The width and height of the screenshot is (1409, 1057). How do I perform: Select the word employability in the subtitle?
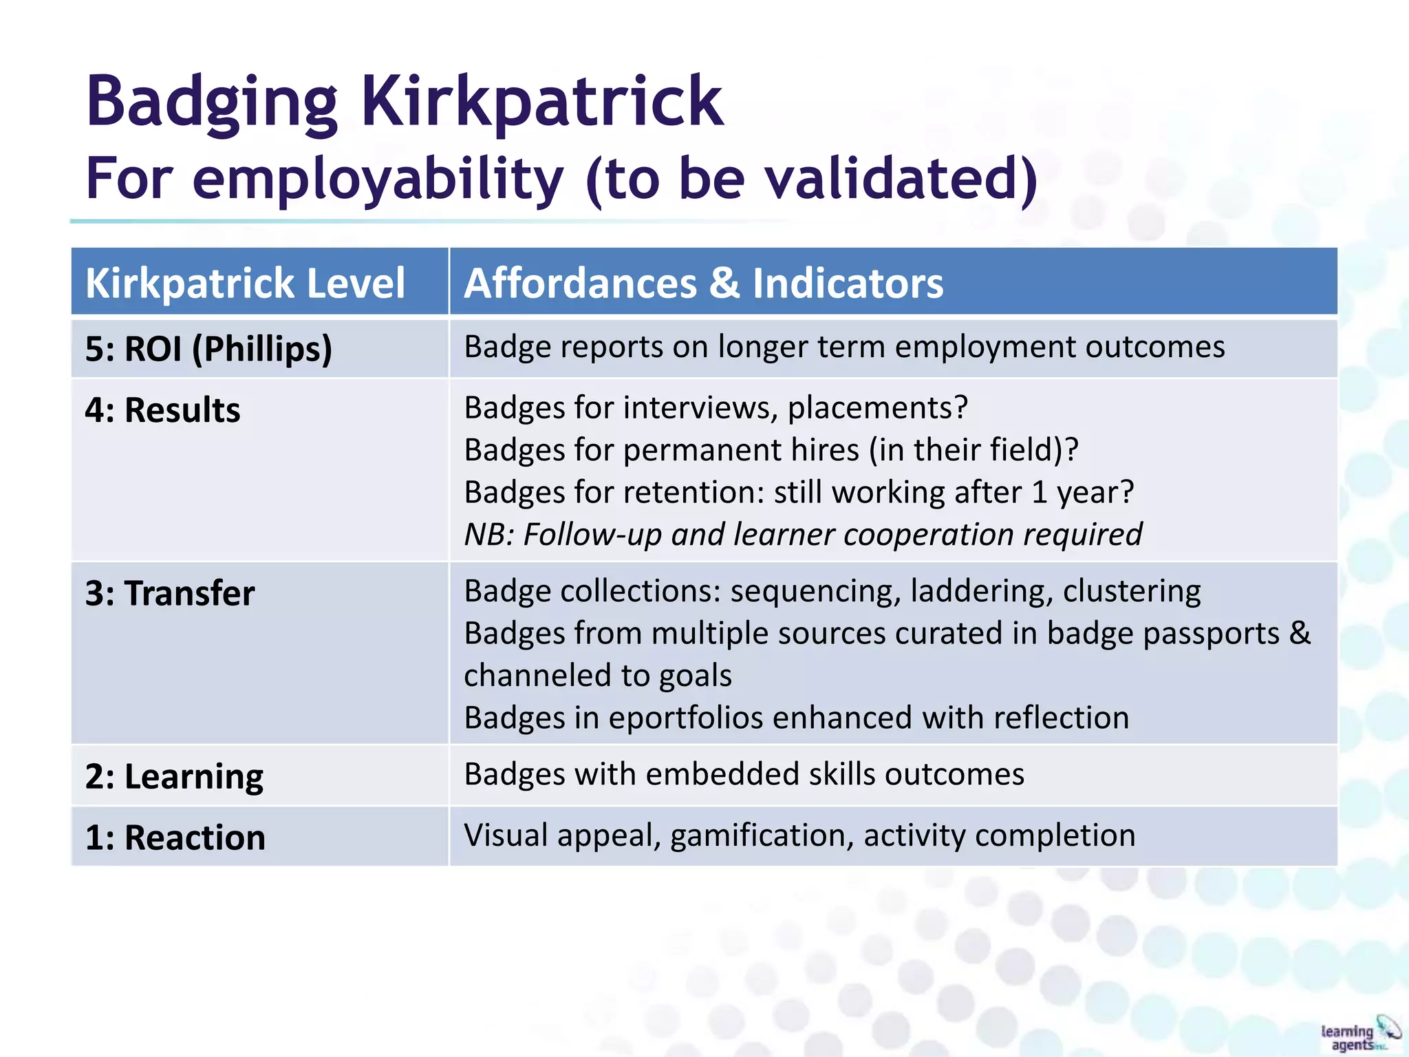click(x=378, y=179)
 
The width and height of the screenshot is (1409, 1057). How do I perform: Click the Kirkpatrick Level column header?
click(x=245, y=284)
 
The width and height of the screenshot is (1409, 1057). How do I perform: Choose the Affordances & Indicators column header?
click(x=703, y=284)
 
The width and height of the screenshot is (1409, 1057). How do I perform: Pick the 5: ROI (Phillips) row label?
click(x=208, y=349)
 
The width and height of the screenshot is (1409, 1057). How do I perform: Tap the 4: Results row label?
click(x=162, y=410)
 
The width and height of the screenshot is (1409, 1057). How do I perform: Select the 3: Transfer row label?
click(x=169, y=593)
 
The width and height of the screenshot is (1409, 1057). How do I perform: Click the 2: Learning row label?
click(x=174, y=777)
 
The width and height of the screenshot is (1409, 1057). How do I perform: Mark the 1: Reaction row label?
click(x=175, y=838)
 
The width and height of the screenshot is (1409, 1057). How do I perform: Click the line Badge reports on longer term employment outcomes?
click(x=844, y=347)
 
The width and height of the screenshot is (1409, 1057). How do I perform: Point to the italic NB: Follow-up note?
click(x=803, y=535)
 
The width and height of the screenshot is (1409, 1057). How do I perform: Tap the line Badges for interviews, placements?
click(x=716, y=408)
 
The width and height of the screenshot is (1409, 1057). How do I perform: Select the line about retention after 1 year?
click(x=798, y=493)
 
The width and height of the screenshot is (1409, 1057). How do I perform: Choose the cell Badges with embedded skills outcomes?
click(x=744, y=775)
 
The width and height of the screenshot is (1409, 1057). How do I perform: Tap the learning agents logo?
click(x=1359, y=1034)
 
